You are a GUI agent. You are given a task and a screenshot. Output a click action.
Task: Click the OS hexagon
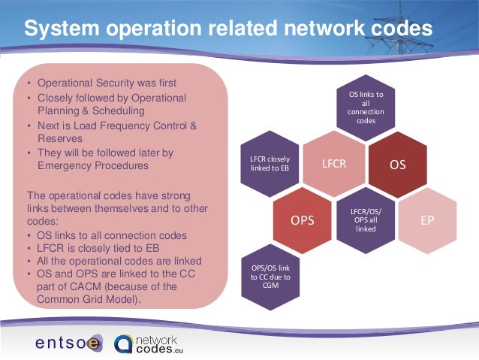pos(398,163)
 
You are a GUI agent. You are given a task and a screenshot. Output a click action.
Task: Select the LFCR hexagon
pos(333,163)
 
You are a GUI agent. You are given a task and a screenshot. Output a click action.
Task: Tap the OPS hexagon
pos(302,219)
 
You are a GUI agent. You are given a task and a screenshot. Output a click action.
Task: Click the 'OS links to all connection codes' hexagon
pos(366,106)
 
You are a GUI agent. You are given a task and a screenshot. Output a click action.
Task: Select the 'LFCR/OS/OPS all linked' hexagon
pos(366,219)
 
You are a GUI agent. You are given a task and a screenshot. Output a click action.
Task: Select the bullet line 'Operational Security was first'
pos(107,83)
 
